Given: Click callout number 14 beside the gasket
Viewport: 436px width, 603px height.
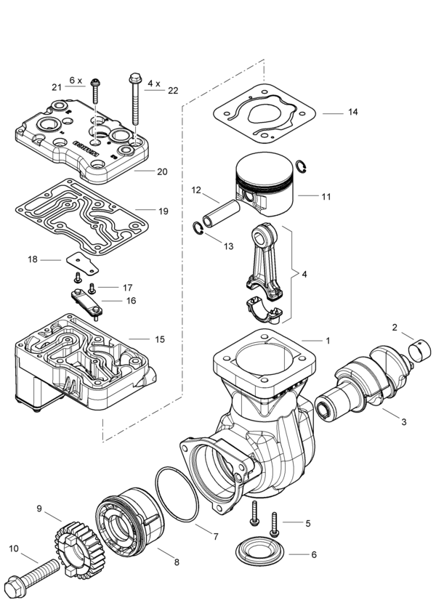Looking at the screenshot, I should click(x=352, y=113).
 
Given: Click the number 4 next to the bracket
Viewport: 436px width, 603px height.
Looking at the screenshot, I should click(x=304, y=275).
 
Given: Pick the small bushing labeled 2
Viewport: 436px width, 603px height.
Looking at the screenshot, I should click(x=420, y=353).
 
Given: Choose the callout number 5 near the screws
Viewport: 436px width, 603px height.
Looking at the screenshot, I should click(x=307, y=522).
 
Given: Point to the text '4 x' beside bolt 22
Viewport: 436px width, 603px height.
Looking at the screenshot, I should click(x=155, y=84).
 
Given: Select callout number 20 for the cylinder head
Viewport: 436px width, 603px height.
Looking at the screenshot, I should click(x=161, y=171).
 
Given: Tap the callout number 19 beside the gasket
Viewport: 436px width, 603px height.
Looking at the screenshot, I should click(x=163, y=211).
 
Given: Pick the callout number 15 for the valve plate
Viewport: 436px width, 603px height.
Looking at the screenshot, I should click(x=159, y=339).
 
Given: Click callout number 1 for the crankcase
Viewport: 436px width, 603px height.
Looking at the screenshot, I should click(x=328, y=340).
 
